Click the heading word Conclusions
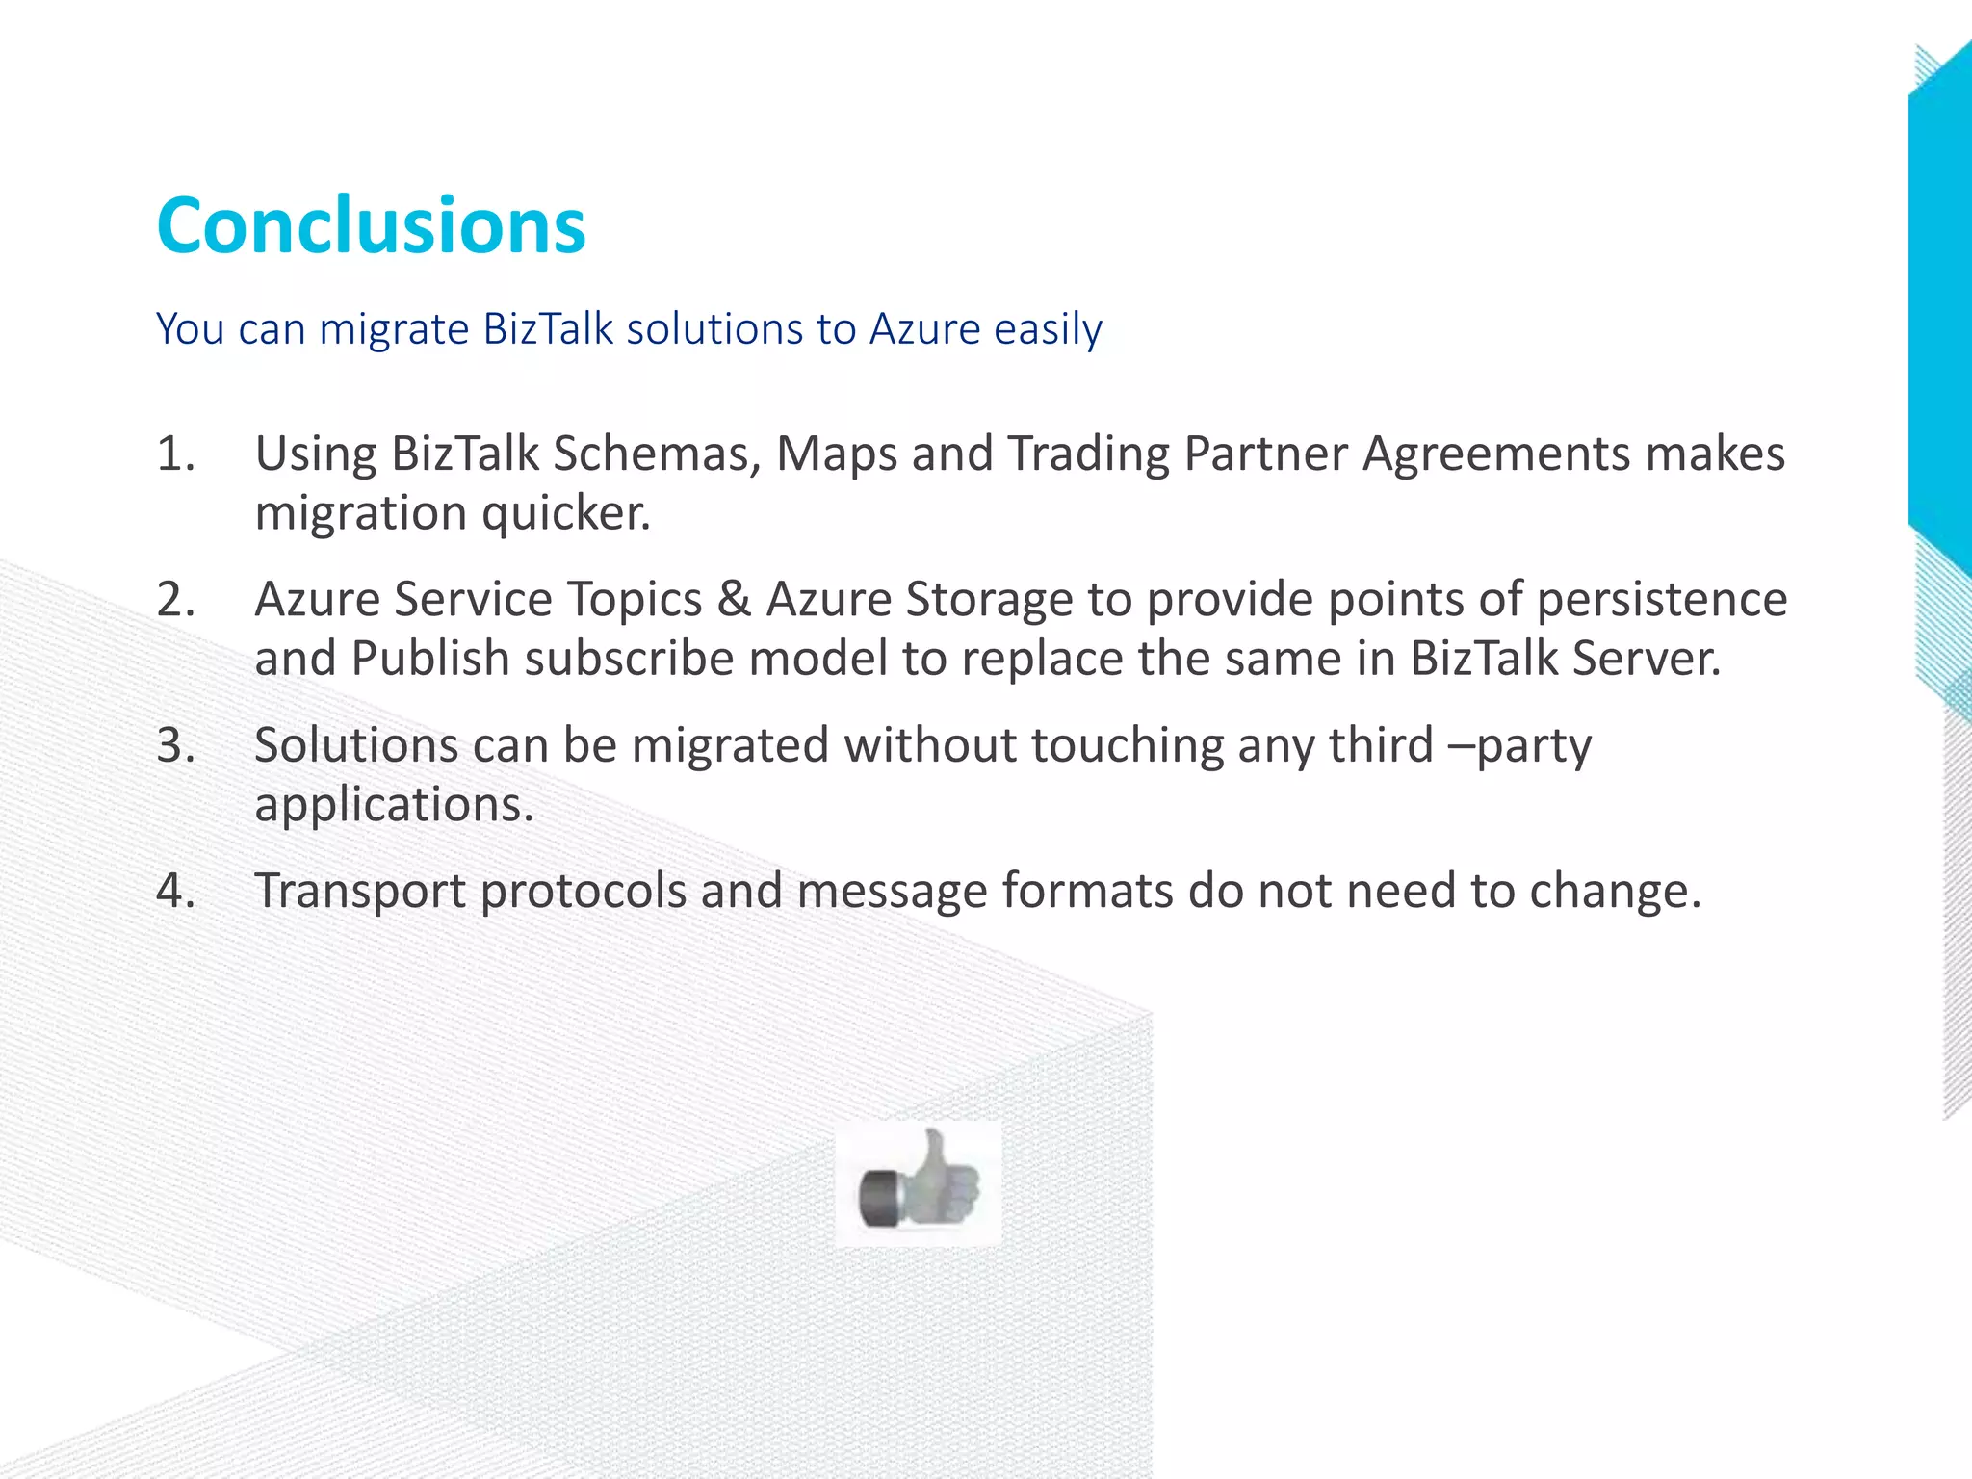[371, 226]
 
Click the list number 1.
[175, 454]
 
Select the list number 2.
[175, 600]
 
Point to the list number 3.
[175, 745]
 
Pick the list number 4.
[175, 891]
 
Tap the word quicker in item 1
[565, 512]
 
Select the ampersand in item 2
[734, 600]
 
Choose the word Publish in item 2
[430, 659]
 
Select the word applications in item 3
[394, 805]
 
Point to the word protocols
[583, 891]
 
